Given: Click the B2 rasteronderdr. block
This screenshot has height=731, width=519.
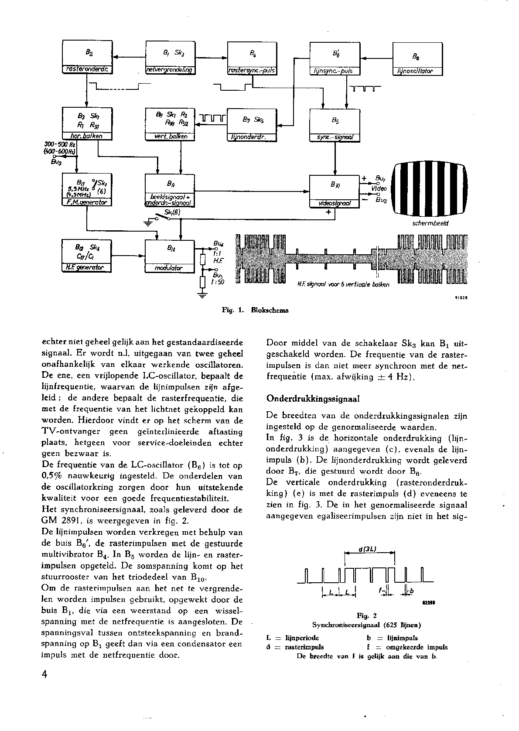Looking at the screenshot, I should tap(87, 57).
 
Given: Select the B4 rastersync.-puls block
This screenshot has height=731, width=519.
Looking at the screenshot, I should tap(252, 58).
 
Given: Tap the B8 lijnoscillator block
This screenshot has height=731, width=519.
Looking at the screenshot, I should tap(417, 59).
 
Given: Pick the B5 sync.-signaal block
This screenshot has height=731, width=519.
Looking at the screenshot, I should tap(335, 124).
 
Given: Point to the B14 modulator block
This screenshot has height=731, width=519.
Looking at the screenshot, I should tap(169, 256).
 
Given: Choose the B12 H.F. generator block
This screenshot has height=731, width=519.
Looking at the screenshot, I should tap(87, 255).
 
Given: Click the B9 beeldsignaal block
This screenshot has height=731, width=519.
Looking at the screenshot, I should tap(170, 190).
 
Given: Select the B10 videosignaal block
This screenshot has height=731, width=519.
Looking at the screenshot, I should tap(335, 191).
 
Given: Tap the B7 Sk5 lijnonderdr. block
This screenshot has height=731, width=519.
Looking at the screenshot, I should tap(252, 124).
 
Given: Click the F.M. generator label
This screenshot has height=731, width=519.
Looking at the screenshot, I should tap(87, 202).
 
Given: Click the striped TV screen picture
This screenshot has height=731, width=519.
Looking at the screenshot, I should tap(430, 189).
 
